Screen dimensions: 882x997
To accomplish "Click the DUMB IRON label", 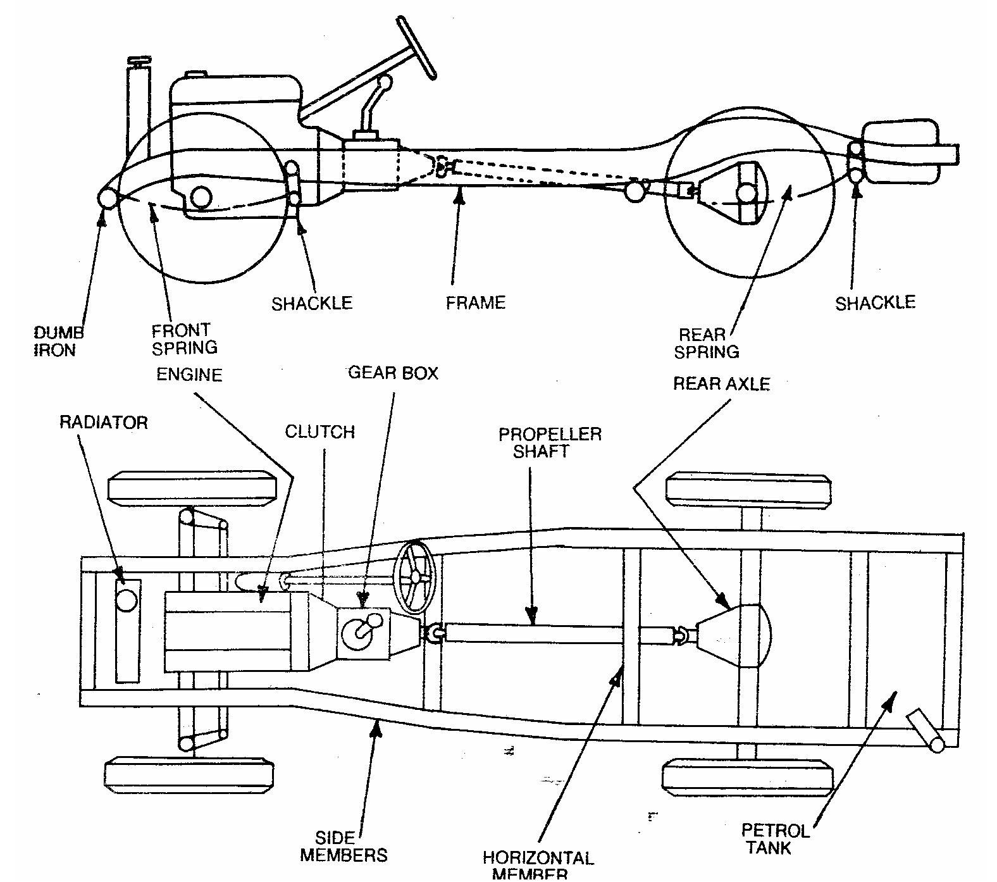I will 59,341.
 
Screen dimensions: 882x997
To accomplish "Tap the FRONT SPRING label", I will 184,339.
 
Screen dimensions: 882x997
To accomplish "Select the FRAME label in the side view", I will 475,302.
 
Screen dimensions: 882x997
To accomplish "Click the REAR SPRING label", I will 706,343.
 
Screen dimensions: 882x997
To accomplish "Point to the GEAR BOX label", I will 393,373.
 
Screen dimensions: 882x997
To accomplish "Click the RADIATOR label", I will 103,422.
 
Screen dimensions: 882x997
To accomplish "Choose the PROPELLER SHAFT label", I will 549,442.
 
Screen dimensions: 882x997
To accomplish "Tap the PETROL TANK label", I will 774,838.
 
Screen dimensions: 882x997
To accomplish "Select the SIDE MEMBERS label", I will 344,847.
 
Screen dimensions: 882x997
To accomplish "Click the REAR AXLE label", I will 721,383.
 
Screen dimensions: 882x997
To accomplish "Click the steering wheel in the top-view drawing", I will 415,577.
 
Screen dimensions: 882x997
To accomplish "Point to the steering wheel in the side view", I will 418,47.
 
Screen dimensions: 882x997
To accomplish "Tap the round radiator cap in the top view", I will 127,599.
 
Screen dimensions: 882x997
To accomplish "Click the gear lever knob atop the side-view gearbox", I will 384,82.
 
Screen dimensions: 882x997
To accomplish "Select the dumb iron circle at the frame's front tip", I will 108,198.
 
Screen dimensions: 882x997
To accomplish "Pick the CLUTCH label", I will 319,432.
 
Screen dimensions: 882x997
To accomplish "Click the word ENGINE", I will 189,375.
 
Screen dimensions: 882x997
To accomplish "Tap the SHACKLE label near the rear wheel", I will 875,303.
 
